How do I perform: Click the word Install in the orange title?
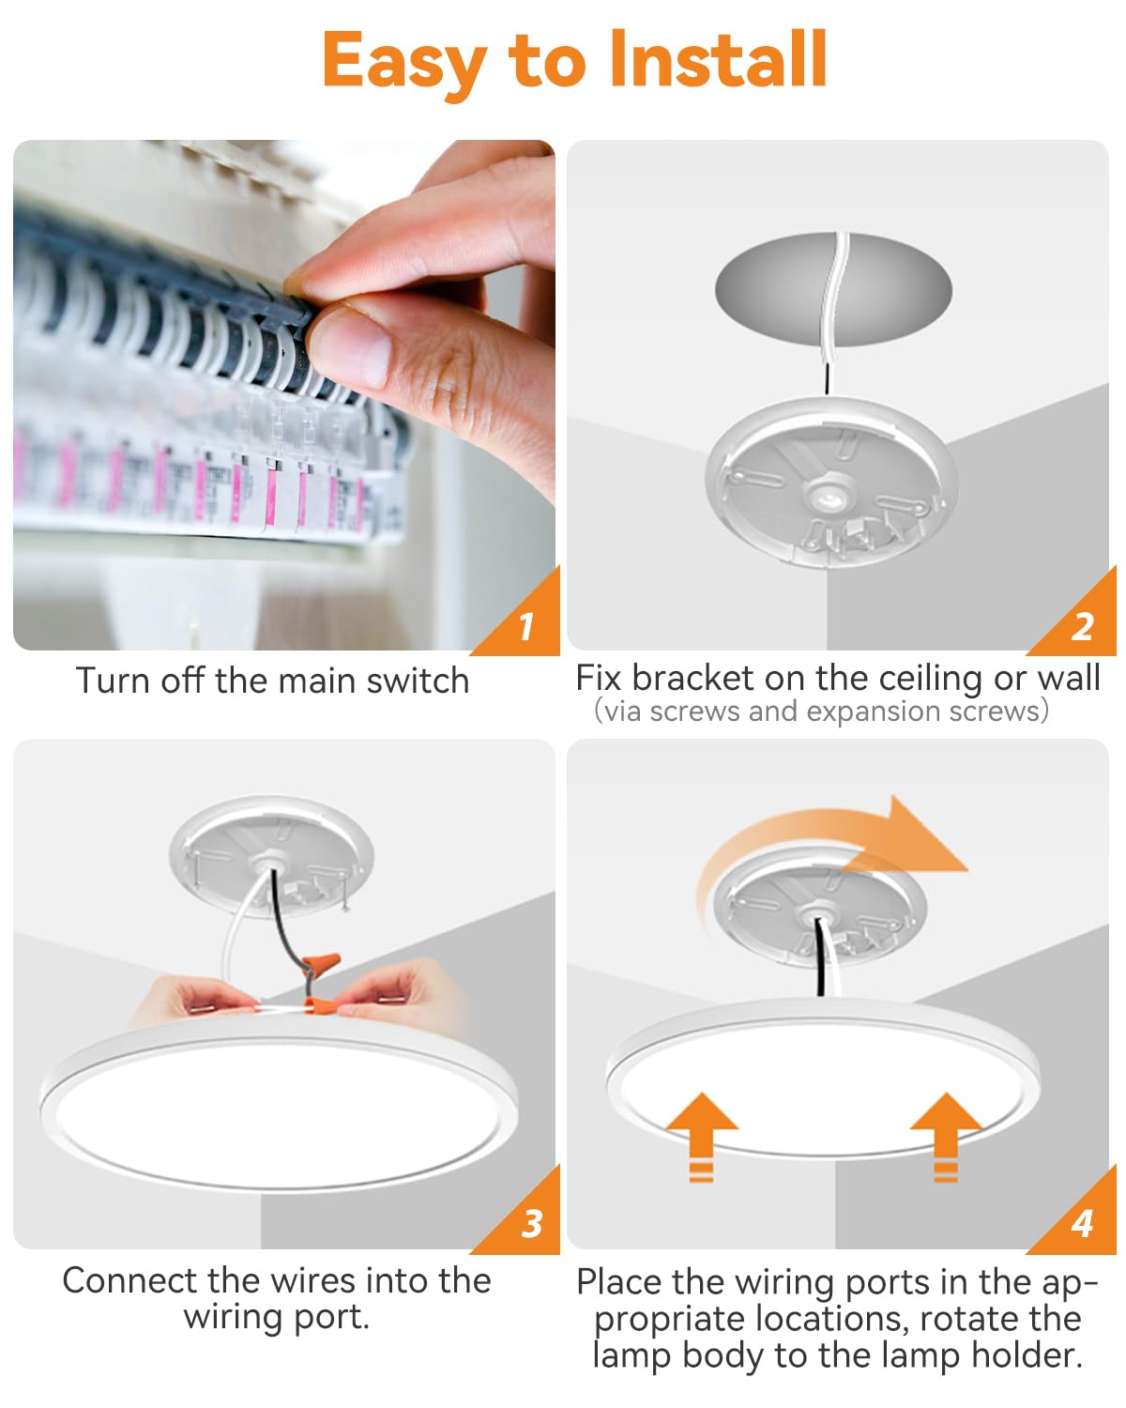(x=718, y=60)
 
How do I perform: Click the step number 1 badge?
(x=525, y=625)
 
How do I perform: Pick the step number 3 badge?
(x=531, y=1223)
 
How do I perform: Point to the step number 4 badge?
(x=1082, y=1223)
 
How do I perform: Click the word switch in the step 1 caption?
(x=418, y=681)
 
